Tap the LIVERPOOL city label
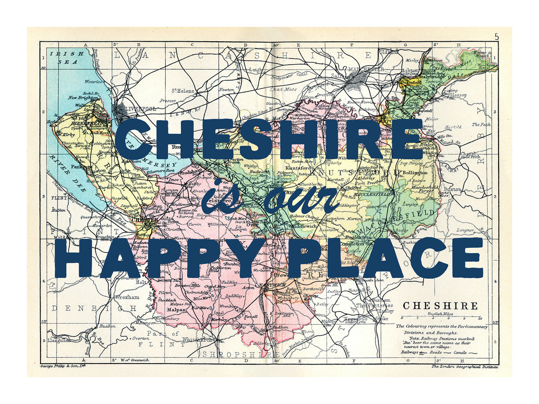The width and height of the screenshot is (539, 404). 141,109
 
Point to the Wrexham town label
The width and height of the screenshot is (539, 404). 127,297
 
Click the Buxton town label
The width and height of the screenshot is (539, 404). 452,189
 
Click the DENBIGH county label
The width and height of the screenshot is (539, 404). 94,309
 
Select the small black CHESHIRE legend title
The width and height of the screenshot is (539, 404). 440,306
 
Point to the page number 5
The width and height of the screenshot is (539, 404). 496,37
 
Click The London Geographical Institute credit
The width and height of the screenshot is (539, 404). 465,367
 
